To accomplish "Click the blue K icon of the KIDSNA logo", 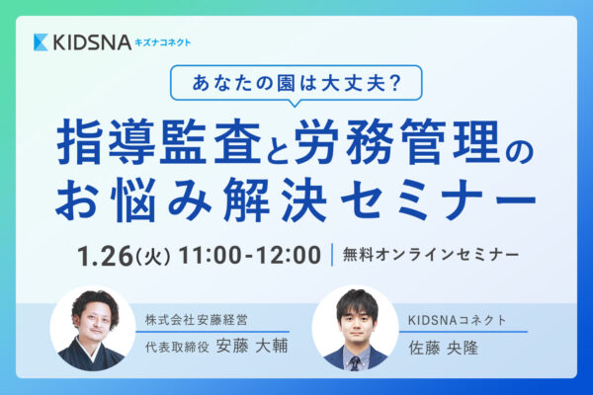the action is (x=41, y=42).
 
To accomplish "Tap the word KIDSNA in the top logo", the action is (x=92, y=42).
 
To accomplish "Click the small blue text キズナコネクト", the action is (x=163, y=42).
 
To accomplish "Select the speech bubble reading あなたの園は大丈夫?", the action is (x=296, y=84).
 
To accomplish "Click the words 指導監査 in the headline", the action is (x=159, y=142).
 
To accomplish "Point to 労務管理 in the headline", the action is (x=396, y=142).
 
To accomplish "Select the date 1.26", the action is (x=105, y=256).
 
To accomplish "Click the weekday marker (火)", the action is (x=152, y=257).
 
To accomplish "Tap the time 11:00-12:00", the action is (x=250, y=255).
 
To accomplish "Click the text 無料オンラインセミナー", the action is (x=431, y=255).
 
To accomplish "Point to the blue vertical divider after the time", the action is (x=332, y=255).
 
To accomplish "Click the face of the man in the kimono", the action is (x=94, y=322).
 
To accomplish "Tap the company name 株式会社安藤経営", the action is (x=197, y=320).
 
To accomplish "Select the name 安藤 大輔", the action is (x=252, y=346).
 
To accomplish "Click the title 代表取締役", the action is (x=177, y=347).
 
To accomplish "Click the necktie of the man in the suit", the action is (x=355, y=362).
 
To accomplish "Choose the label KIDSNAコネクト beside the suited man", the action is (x=457, y=320).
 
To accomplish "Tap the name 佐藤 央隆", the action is (x=443, y=348).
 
